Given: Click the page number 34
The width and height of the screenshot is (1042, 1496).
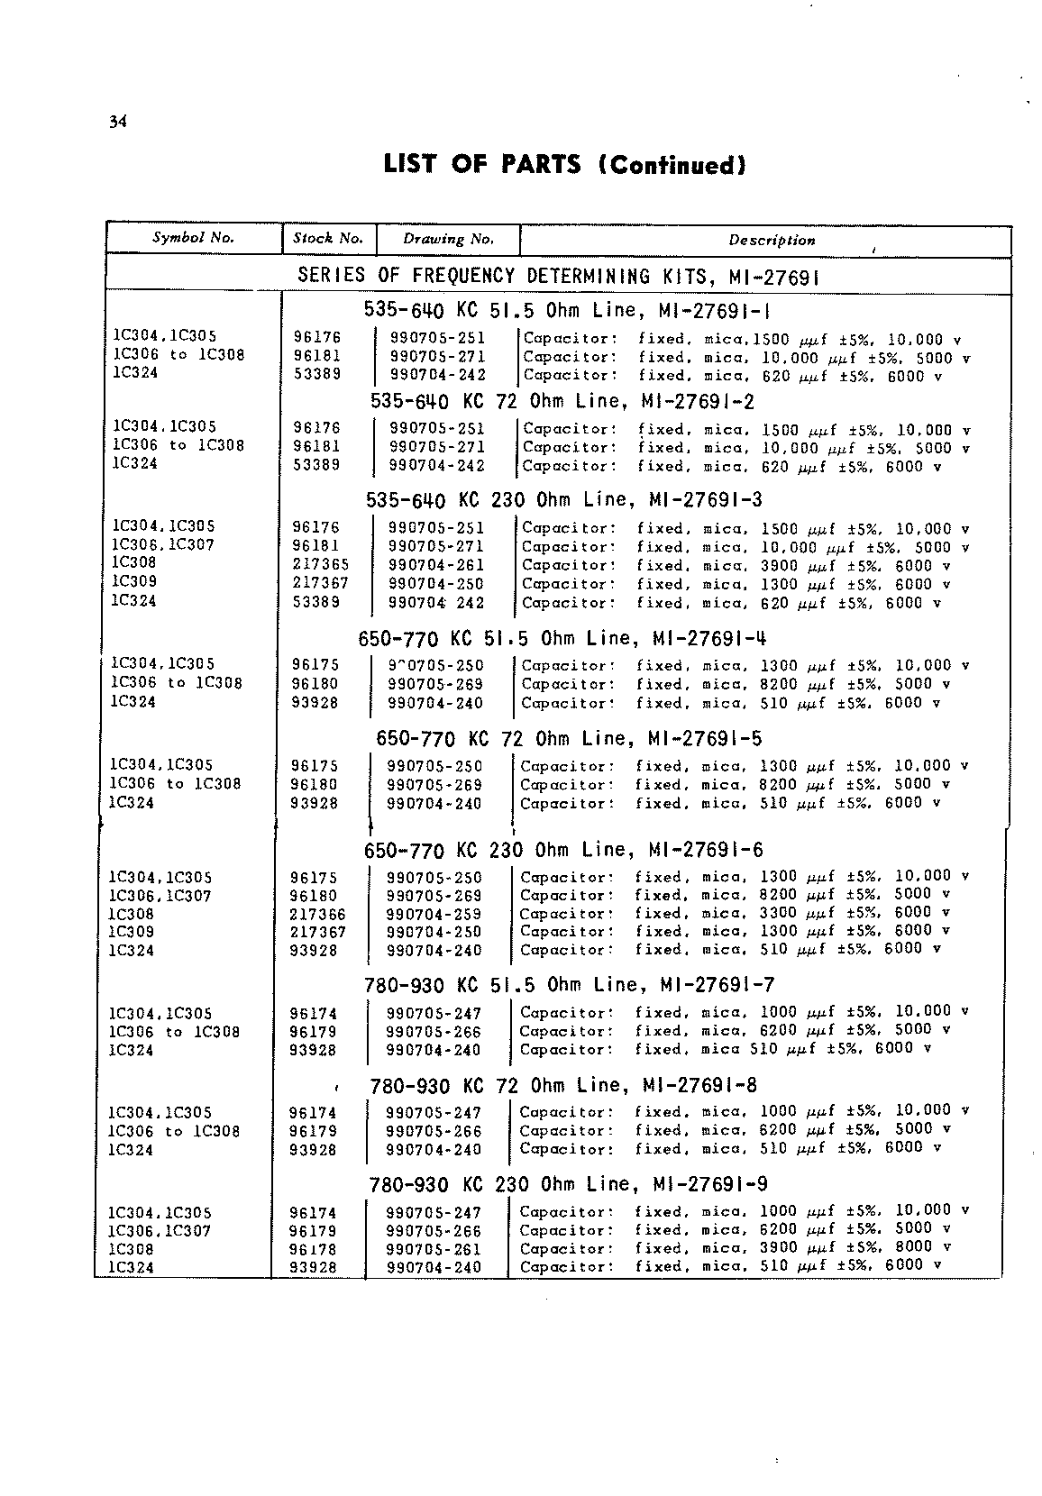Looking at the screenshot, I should click(117, 123).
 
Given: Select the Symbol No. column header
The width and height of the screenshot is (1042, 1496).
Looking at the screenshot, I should click(193, 238).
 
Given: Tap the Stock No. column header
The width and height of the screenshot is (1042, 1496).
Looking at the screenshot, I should click(328, 239).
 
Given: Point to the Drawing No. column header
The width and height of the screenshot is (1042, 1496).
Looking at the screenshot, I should click(448, 240).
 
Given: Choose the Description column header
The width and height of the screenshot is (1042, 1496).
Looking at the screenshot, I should click(772, 241).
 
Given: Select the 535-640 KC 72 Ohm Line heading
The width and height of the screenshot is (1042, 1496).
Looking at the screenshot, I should click(562, 402).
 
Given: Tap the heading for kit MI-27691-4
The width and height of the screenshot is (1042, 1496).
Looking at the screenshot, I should click(562, 639).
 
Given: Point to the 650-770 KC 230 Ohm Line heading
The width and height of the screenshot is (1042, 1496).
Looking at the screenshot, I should click(563, 850).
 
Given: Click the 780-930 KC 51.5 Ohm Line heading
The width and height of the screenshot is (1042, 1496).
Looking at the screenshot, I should click(570, 985).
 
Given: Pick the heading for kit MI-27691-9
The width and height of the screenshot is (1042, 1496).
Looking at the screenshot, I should click(569, 1184).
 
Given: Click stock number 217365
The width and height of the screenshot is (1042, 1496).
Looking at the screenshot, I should click(321, 565).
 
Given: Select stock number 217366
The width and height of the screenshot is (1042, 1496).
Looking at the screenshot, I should click(318, 914).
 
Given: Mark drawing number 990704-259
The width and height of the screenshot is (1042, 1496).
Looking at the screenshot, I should click(434, 914).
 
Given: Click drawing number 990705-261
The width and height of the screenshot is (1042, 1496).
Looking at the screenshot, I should click(434, 1249).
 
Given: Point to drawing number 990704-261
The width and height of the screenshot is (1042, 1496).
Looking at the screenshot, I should click(436, 565).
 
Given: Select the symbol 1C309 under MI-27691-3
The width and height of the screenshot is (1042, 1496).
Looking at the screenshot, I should click(133, 582).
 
